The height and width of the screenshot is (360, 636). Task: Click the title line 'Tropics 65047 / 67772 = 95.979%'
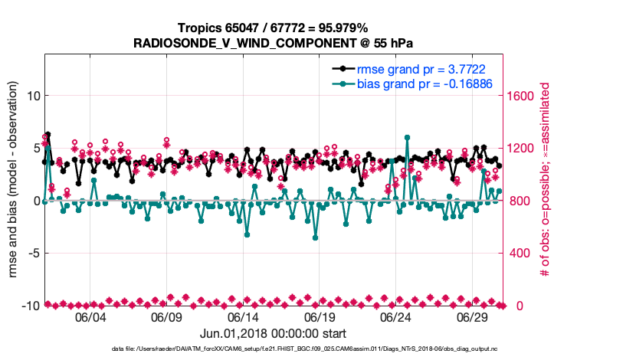point(273,28)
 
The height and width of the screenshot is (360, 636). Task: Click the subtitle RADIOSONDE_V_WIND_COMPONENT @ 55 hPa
point(273,43)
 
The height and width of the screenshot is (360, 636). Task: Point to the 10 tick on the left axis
point(32,96)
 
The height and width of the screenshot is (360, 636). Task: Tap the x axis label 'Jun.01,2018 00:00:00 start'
point(273,333)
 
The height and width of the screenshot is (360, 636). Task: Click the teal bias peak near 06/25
point(407,138)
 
